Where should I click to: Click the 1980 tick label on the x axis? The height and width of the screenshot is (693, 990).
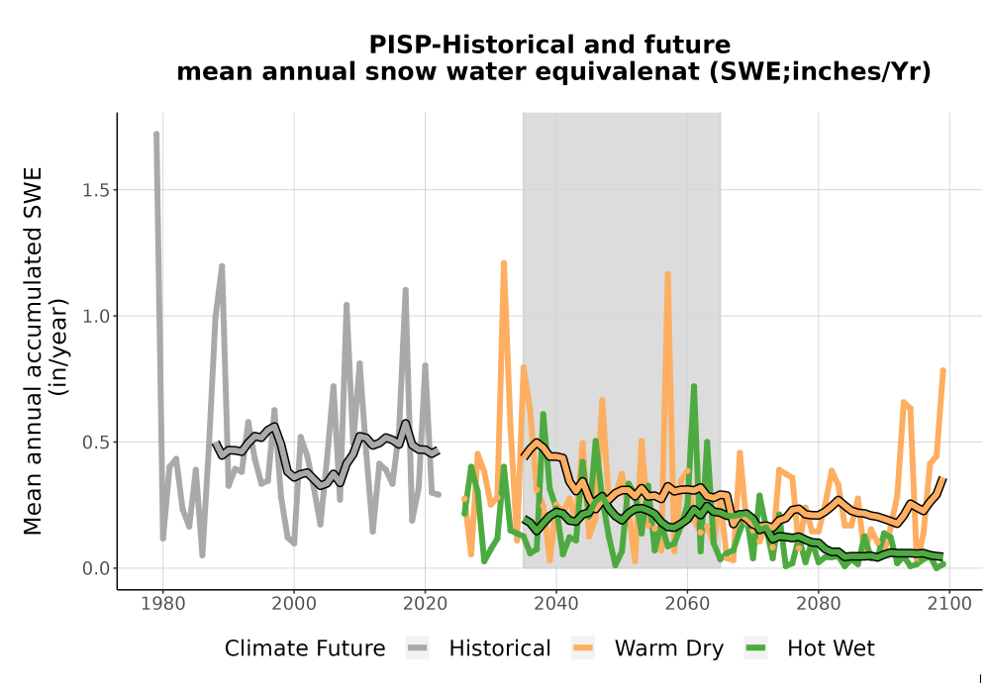(163, 604)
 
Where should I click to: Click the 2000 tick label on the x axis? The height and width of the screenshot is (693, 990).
(294, 604)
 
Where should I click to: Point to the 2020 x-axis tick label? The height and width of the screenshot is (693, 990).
(425, 604)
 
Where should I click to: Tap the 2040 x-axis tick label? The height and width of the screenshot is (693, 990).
(555, 604)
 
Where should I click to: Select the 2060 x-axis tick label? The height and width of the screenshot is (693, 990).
(687, 604)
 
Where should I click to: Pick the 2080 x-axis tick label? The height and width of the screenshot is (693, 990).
(819, 604)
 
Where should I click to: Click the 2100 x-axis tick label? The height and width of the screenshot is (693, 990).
(949, 604)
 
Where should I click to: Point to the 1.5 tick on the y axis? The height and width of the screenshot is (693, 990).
(96, 190)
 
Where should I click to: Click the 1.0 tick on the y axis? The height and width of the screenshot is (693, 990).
(96, 316)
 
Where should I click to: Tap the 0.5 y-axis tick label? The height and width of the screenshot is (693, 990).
(96, 443)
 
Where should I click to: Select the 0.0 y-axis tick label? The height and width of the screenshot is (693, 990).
(96, 568)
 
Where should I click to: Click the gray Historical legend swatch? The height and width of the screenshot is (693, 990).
(418, 648)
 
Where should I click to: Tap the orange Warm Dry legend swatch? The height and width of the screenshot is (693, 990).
(583, 648)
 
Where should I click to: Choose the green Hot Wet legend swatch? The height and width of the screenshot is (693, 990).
(755, 648)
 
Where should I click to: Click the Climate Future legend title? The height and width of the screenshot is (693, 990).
(305, 648)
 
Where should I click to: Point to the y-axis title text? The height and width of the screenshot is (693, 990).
(45, 350)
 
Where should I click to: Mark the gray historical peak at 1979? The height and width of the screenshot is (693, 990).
(156, 135)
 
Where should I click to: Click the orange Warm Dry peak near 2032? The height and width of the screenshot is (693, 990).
(504, 263)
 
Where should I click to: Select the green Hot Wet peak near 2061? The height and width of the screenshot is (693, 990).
(694, 386)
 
